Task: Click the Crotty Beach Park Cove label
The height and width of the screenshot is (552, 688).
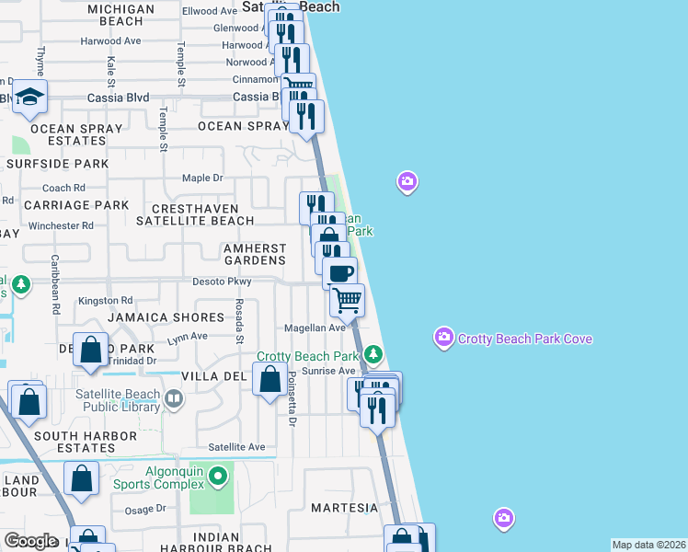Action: coord(525,339)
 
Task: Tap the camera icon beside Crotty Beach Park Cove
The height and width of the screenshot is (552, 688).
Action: coord(444,339)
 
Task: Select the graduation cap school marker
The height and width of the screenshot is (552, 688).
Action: coord(29,98)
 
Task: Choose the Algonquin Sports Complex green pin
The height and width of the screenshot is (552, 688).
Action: coord(218,476)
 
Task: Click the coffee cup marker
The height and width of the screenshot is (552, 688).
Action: coord(340,272)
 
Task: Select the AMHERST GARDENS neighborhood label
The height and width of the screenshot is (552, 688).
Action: coord(255,254)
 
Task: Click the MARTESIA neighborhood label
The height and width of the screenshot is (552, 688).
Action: coord(344,508)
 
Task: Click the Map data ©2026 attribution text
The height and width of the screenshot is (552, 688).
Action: coord(648,545)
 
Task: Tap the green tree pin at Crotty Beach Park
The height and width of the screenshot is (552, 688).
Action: coord(373,353)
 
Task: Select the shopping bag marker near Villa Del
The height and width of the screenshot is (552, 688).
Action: coord(269,380)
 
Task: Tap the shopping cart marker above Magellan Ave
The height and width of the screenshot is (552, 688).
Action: coord(348,300)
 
